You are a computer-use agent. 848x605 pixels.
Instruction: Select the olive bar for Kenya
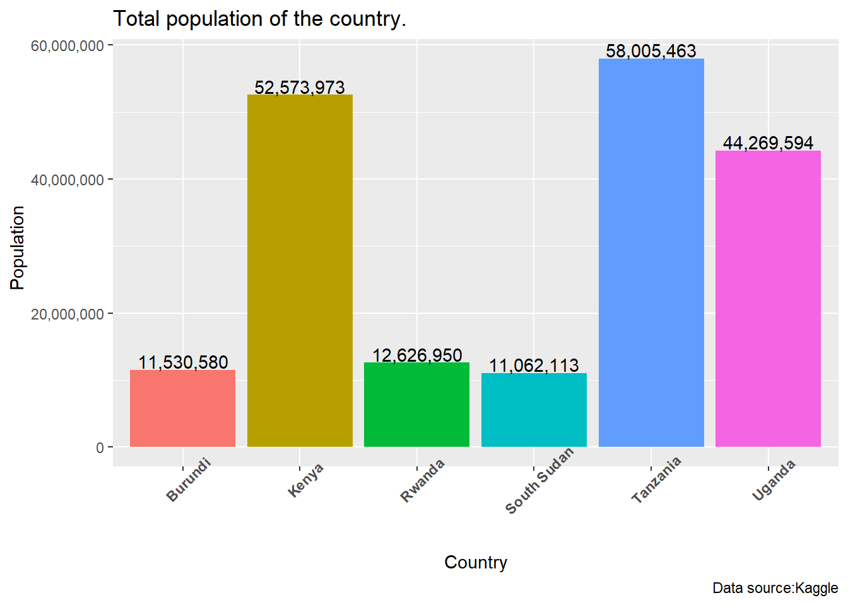pyautogui.click(x=300, y=271)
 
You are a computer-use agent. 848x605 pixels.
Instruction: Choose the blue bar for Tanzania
pyautogui.click(x=651, y=252)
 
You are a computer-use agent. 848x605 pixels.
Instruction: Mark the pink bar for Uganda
pyautogui.click(x=768, y=299)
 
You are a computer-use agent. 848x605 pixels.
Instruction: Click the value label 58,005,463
pyautogui.click(x=651, y=51)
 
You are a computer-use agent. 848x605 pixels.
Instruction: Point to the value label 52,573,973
pyautogui.click(x=300, y=87)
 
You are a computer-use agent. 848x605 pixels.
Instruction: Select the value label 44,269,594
pyautogui.click(x=768, y=143)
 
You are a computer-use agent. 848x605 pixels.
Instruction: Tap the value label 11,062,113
pyautogui.click(x=534, y=366)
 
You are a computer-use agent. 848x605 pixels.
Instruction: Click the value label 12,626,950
pyautogui.click(x=417, y=355)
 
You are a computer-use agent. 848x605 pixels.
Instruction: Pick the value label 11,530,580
pyautogui.click(x=183, y=362)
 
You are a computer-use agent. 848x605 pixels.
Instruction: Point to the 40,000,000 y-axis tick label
pyautogui.click(x=68, y=180)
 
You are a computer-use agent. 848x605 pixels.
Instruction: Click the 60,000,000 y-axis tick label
pyautogui.click(x=68, y=46)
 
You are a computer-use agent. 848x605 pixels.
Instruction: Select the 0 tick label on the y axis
pyautogui.click(x=100, y=448)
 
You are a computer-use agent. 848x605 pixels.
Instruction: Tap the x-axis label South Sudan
pyautogui.click(x=540, y=480)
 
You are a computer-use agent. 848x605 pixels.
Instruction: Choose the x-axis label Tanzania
pyautogui.click(x=656, y=480)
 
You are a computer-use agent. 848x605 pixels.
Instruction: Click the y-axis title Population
pyautogui.click(x=17, y=247)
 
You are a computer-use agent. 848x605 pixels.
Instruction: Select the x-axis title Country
pyautogui.click(x=476, y=562)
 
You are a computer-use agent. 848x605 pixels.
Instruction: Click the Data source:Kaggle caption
pyautogui.click(x=775, y=589)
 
